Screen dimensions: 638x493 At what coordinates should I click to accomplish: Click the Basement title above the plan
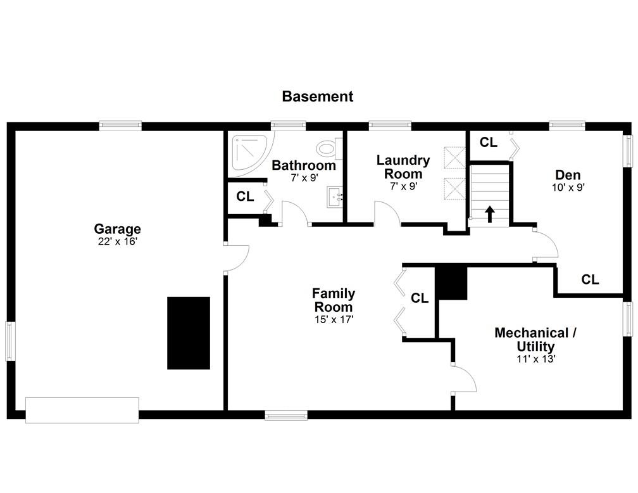coord(317,96)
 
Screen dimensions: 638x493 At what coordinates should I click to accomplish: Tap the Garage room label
coord(117,229)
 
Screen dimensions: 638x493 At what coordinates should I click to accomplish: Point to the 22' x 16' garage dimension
coord(117,241)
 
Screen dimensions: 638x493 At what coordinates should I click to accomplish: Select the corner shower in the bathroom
coord(249,154)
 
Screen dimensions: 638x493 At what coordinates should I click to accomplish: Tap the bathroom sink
coord(335,198)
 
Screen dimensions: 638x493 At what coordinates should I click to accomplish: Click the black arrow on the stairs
coord(490,214)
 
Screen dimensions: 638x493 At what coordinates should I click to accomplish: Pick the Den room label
coord(568,175)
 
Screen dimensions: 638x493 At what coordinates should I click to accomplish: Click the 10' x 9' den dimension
coord(568,188)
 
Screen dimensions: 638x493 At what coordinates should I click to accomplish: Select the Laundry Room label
coord(403,167)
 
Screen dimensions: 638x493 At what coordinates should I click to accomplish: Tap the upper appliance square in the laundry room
coord(454,157)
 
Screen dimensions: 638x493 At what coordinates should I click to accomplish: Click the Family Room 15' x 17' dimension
coord(334,319)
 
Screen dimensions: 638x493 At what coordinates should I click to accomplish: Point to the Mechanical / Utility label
coord(535,340)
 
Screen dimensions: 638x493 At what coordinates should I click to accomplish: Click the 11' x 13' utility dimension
coord(535,359)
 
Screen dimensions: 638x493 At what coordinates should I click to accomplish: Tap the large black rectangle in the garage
coord(189,333)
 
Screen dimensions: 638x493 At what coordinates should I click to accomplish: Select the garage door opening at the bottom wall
coord(82,410)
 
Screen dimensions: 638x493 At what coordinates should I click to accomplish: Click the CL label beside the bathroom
coord(245,196)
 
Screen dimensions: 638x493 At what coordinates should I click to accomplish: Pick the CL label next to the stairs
coord(488,142)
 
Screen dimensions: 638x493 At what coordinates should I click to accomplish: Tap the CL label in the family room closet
coord(420,298)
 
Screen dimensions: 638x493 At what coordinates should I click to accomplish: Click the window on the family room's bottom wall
coord(286,415)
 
